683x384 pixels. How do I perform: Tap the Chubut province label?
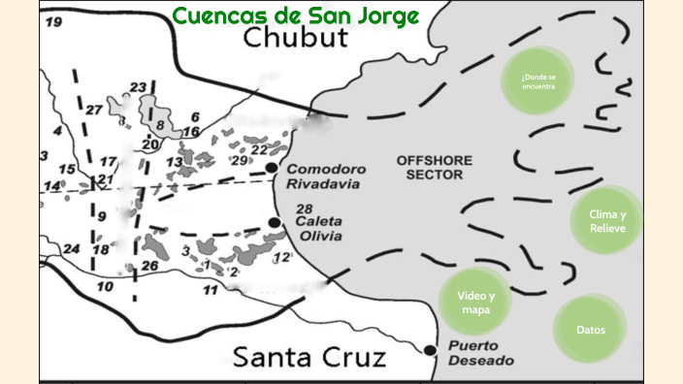coord(295,39)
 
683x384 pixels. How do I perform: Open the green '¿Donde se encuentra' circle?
coord(538,79)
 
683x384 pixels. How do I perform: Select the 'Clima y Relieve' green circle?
coord(608,221)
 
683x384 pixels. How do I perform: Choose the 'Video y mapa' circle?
coord(476,303)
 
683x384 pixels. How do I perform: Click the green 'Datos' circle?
coord(591,330)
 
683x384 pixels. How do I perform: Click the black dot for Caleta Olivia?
coord(276,223)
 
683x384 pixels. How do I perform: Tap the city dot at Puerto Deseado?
coord(431,349)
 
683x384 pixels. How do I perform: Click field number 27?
coord(93,110)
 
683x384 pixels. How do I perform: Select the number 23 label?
coord(138,87)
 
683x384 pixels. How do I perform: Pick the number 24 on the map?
coord(71,248)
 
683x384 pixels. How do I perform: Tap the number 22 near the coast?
coord(258,149)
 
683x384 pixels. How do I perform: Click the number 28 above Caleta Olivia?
coord(304,208)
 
